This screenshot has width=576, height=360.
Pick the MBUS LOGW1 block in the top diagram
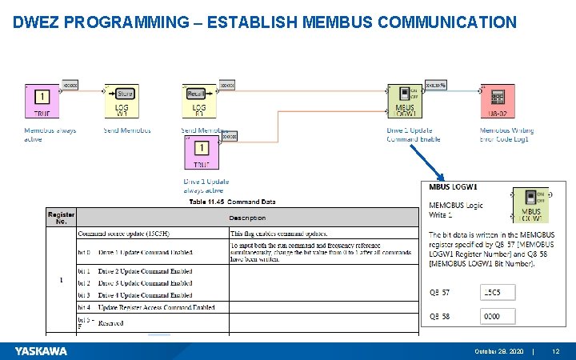[x=405, y=102]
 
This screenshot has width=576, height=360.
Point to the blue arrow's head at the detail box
[x=441, y=179]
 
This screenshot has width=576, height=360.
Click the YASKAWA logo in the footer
[x=41, y=351]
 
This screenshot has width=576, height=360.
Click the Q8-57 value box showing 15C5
[x=498, y=294]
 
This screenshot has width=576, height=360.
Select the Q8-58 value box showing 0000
[x=498, y=317]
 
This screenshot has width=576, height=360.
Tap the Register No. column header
[x=61, y=217]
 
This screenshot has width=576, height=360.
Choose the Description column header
[x=247, y=218]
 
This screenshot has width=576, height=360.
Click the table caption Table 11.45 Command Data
[x=232, y=202]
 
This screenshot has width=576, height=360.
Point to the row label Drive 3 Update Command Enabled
[x=145, y=282]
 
